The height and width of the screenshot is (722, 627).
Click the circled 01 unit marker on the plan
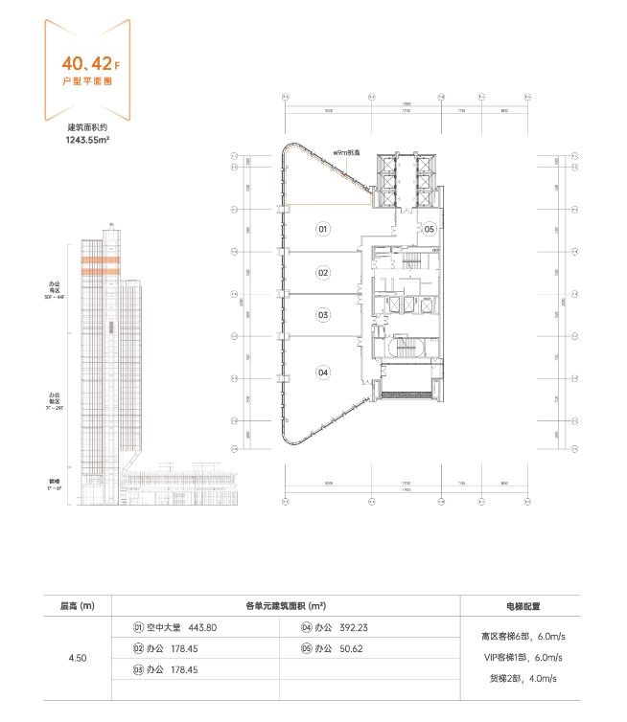point(323,229)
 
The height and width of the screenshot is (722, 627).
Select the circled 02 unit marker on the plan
point(323,273)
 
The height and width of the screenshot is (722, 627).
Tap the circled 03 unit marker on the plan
point(323,314)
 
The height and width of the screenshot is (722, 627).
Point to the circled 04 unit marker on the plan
point(323,372)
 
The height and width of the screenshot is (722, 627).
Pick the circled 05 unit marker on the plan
point(430,229)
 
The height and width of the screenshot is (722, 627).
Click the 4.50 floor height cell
point(78,658)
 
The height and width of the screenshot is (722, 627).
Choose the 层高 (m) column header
point(78,605)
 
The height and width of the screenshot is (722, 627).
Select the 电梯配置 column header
point(522,605)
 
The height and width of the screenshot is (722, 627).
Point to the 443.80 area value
point(204,627)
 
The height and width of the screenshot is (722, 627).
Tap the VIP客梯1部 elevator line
point(522,657)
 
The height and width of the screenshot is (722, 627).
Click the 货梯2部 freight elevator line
point(522,679)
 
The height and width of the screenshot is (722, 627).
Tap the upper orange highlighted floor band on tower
point(100,260)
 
